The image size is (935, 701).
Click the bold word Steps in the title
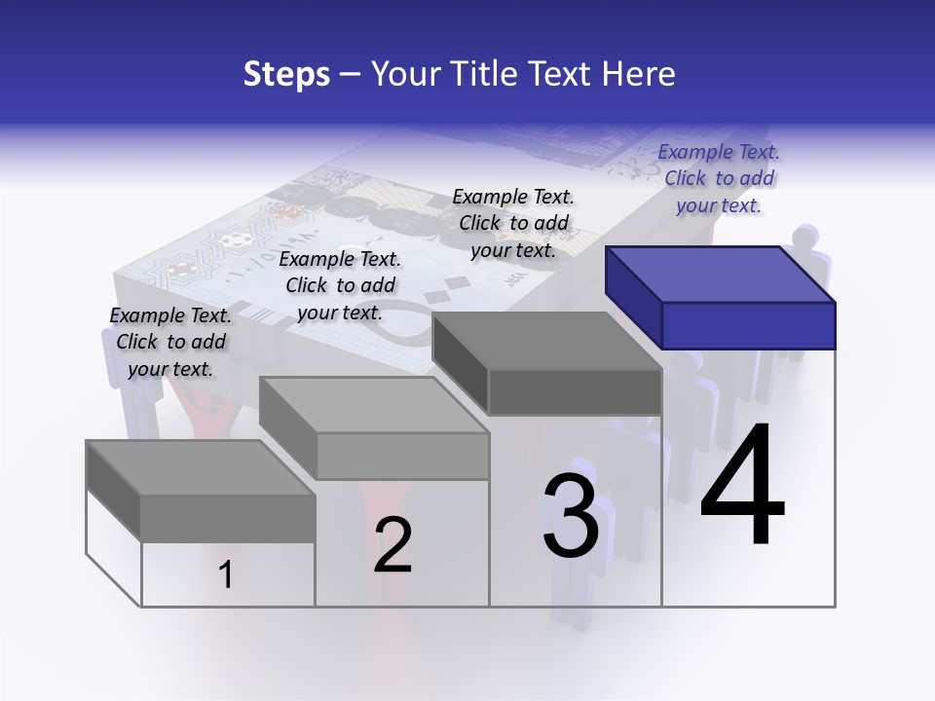[x=286, y=74]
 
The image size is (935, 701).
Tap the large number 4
[x=742, y=487]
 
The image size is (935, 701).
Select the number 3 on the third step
[x=571, y=516]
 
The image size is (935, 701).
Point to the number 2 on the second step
[x=393, y=545]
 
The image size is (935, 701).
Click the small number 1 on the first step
[x=226, y=575]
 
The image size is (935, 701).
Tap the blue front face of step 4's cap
[x=748, y=325]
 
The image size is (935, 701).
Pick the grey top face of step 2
[x=370, y=405]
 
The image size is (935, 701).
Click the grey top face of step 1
[x=195, y=467]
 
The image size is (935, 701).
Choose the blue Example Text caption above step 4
[x=719, y=178]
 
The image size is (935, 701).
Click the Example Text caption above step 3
[x=513, y=223]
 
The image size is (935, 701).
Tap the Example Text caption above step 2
[x=340, y=285]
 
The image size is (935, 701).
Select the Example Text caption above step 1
[x=170, y=342]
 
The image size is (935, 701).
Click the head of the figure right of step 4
[x=805, y=239]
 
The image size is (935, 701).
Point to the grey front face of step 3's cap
[x=575, y=392]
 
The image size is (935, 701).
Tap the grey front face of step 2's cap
[x=403, y=456]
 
